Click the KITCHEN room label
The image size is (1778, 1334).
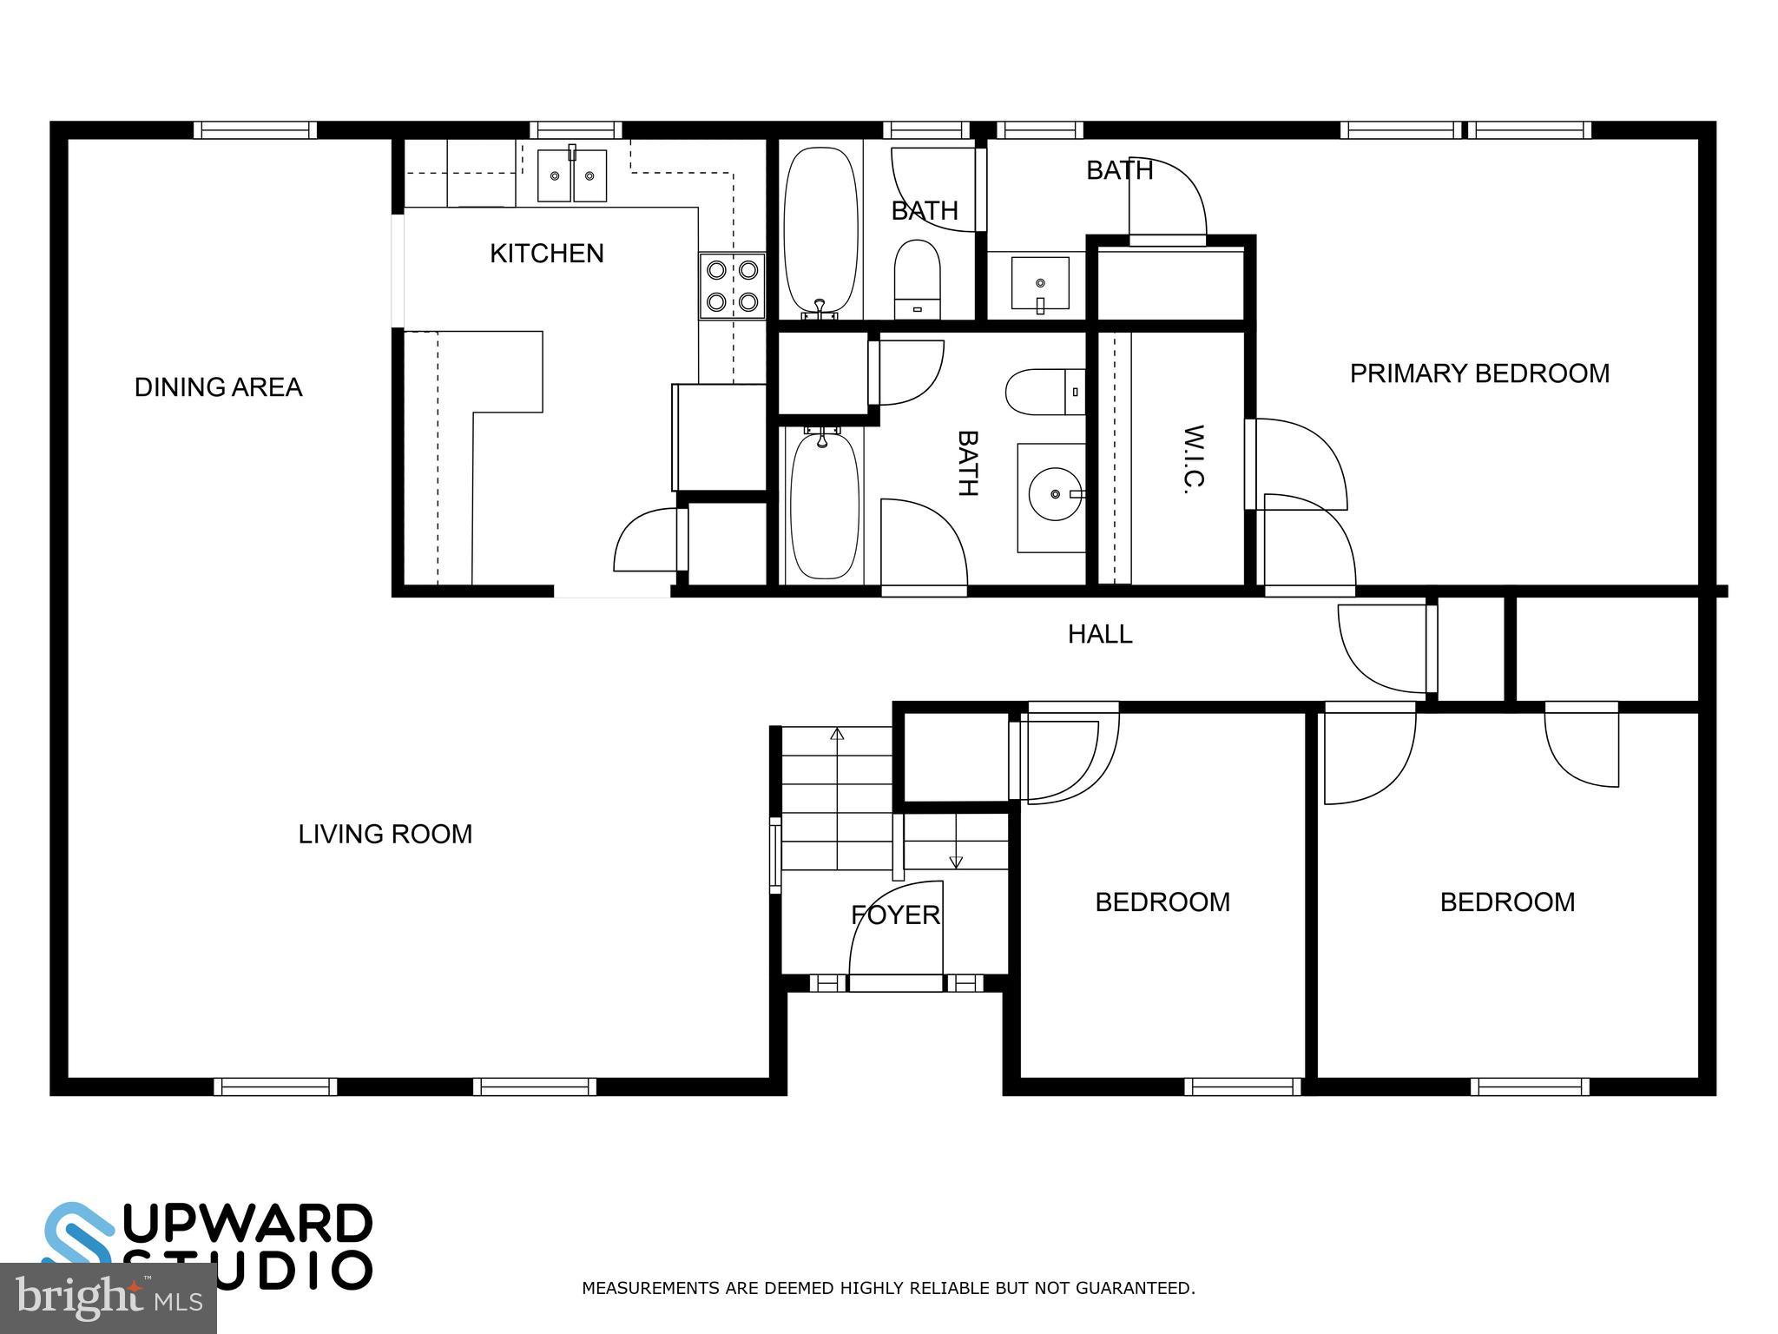546,254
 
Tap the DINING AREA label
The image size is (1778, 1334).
218,387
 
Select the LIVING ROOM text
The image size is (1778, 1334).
385,834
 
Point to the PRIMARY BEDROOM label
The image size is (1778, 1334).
1479,373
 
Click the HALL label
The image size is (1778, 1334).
1100,634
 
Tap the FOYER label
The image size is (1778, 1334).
895,915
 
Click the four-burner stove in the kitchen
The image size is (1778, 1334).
732,286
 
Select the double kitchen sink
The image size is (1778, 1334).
571,175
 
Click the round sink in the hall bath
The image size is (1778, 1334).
1055,494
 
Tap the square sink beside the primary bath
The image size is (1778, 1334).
1040,282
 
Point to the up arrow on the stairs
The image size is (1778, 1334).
837,734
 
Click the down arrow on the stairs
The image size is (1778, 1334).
956,862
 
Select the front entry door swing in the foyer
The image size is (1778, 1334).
895,934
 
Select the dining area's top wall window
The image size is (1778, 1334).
254,130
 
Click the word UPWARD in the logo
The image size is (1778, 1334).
247,1224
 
